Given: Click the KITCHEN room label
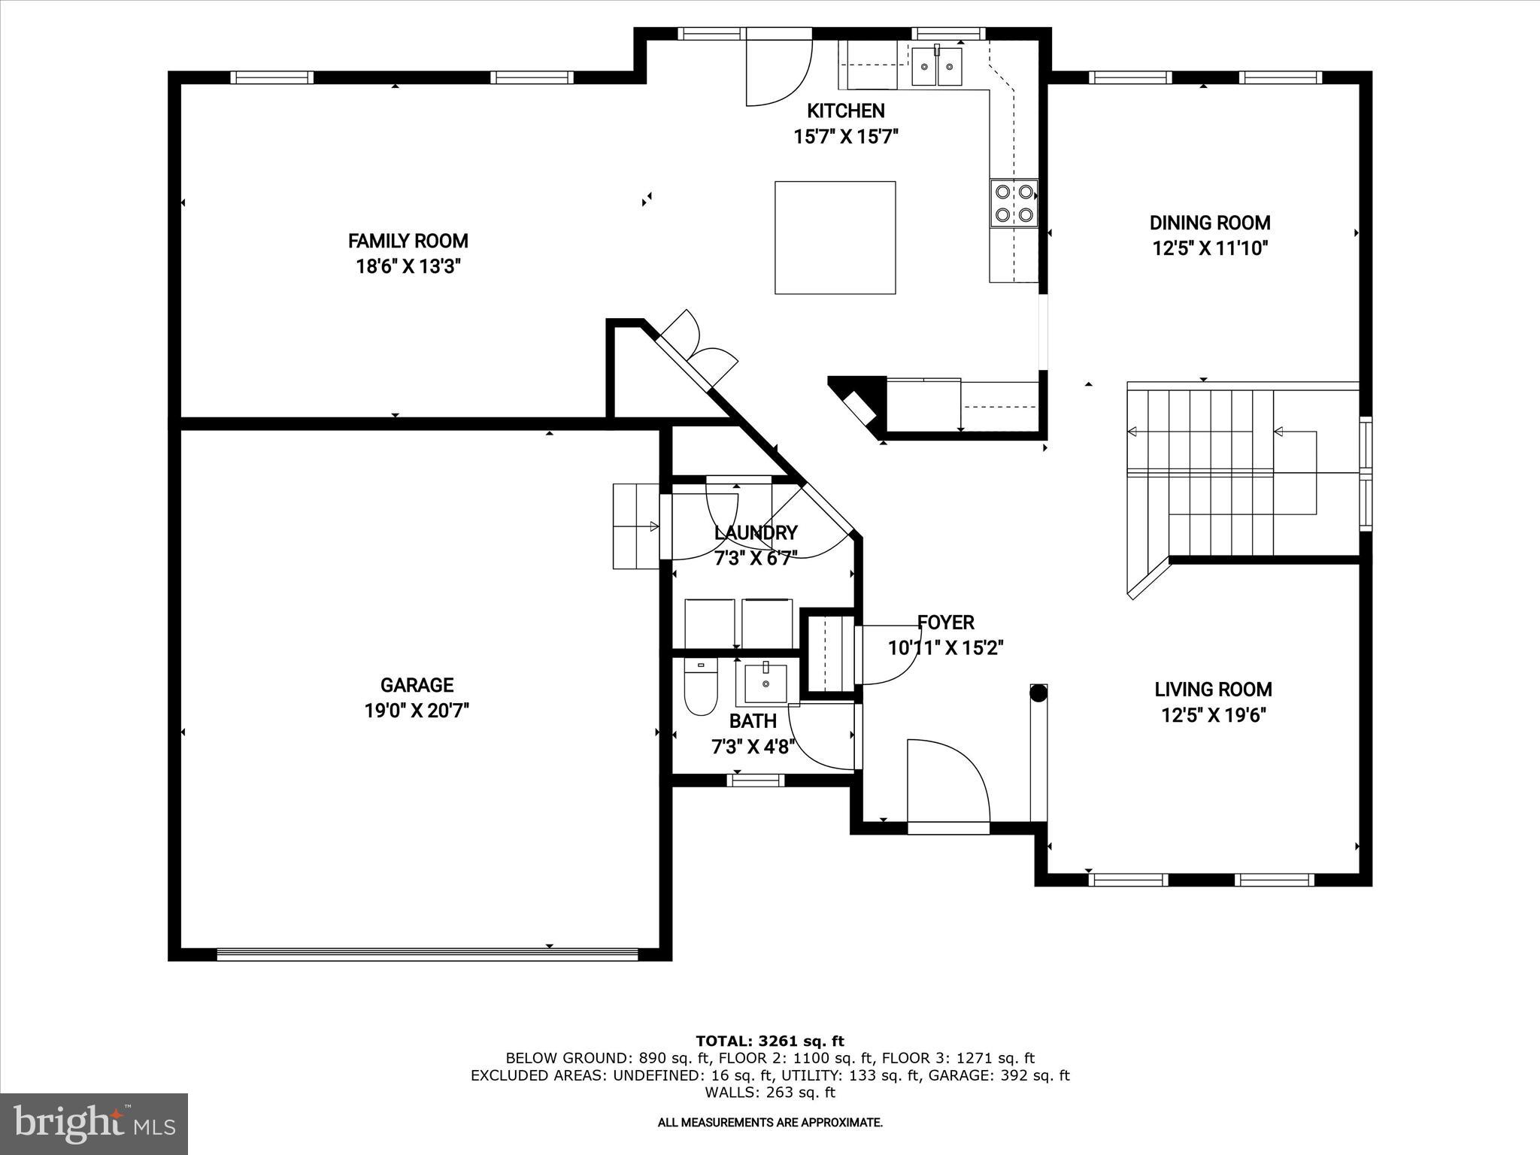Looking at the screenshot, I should click(x=846, y=111).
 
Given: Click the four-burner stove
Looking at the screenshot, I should click(x=1014, y=202).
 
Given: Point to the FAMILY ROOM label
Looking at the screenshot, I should click(x=408, y=241).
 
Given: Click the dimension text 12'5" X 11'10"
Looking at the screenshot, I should click(x=1210, y=248).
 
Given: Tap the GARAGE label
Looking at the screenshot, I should click(x=417, y=685).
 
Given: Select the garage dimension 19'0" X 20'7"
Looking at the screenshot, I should click(x=417, y=711).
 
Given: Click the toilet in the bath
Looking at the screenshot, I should click(x=700, y=688).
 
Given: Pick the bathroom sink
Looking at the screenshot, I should click(x=765, y=681).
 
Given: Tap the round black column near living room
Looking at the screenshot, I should click(x=1038, y=693).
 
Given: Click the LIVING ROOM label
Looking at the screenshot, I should click(x=1213, y=690).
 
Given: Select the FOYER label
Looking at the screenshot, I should click(x=945, y=623).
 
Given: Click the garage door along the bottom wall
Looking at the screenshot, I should click(x=426, y=953).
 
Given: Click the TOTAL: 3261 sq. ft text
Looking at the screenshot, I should click(x=769, y=1041).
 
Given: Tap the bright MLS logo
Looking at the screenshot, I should click(x=94, y=1124).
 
